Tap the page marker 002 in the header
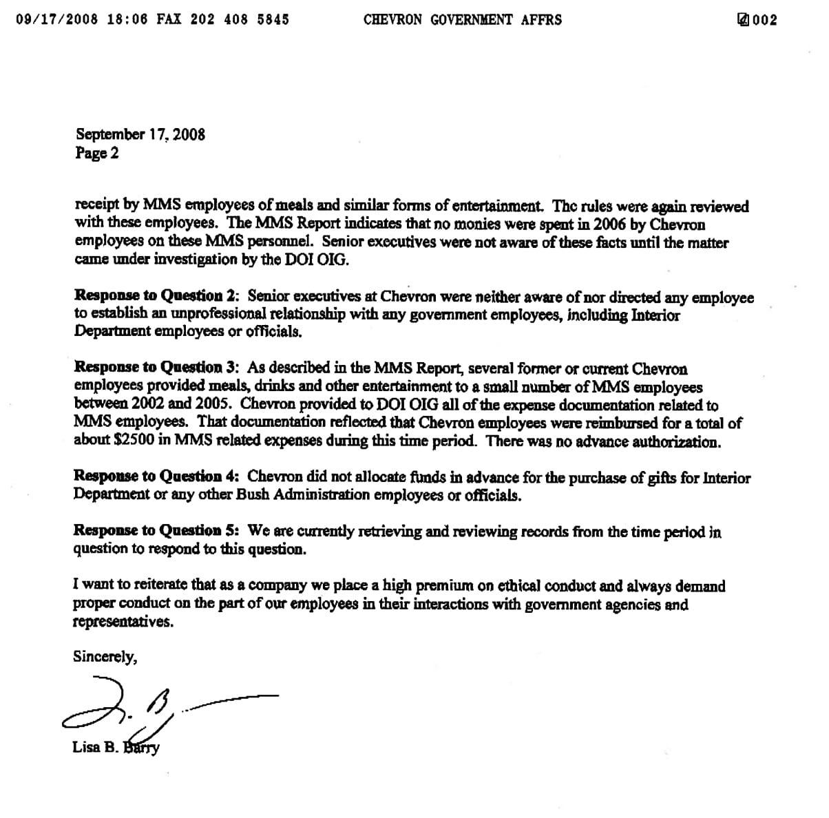click(764, 20)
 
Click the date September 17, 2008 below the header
click(140, 134)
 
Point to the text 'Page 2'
click(97, 153)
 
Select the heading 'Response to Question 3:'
click(157, 368)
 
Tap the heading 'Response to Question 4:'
click(157, 476)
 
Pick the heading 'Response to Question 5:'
click(157, 531)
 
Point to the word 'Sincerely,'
click(105, 656)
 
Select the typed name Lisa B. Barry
click(116, 747)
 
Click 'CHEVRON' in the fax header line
click(392, 19)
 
